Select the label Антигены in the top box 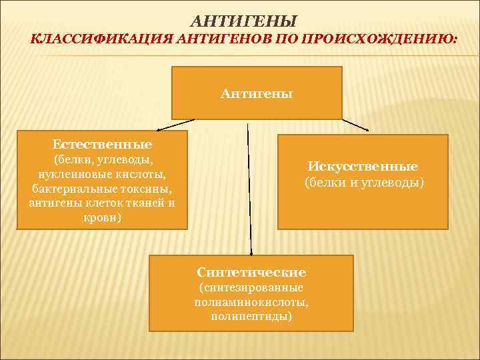coord(257,93)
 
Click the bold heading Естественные coord(102,144)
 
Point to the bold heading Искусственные coord(363,166)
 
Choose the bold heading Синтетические coord(251,272)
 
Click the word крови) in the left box coord(101,217)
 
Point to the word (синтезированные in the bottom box coord(251,287)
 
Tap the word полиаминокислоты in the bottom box coord(251,302)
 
